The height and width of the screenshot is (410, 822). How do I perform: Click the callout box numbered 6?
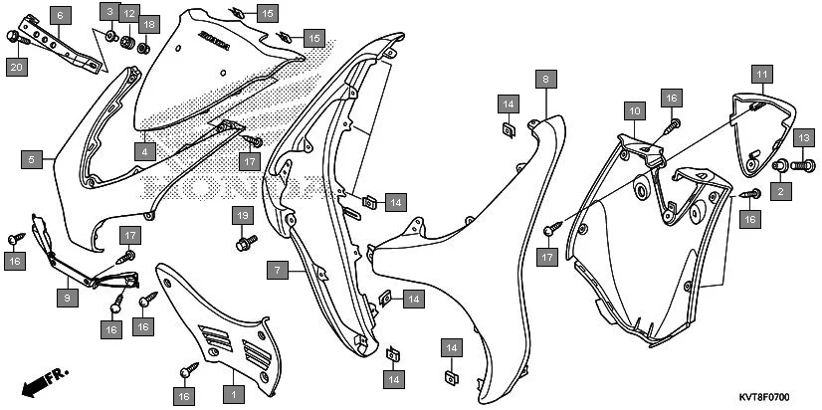pyautogui.click(x=59, y=16)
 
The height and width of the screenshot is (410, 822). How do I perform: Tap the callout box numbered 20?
pyautogui.click(x=15, y=67)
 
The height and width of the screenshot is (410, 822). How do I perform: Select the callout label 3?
pyautogui.click(x=109, y=12)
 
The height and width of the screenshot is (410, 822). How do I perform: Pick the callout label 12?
pyautogui.click(x=128, y=12)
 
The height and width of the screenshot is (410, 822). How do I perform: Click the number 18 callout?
pyautogui.click(x=148, y=23)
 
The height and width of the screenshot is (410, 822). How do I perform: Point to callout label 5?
pyautogui.click(x=32, y=158)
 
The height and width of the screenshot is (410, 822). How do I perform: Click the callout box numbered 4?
pyautogui.click(x=144, y=152)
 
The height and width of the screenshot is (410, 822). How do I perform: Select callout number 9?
pyautogui.click(x=67, y=298)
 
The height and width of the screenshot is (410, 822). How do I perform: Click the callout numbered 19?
pyautogui.click(x=241, y=216)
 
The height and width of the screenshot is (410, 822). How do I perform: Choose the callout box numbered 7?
pyautogui.click(x=280, y=270)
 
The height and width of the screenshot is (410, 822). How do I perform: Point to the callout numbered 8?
pyautogui.click(x=544, y=77)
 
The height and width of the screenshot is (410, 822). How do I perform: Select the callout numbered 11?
pyautogui.click(x=759, y=75)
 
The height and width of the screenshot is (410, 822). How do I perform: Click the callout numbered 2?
pyautogui.click(x=780, y=190)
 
